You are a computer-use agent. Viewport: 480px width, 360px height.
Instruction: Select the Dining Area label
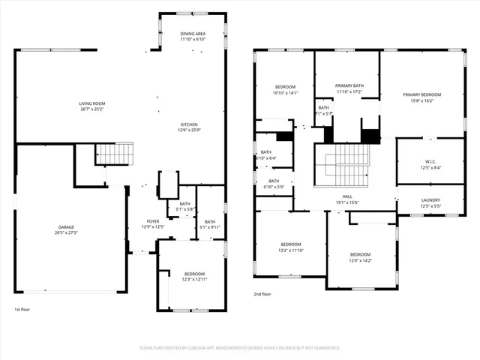(x=193, y=34)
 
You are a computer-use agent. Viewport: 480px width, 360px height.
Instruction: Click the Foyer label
(x=153, y=221)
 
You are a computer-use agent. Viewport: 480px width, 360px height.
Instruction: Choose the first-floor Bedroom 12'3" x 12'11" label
(x=194, y=274)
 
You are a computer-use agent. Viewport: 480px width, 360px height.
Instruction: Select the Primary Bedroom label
(x=421, y=94)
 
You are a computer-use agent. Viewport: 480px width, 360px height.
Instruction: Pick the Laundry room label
(x=430, y=200)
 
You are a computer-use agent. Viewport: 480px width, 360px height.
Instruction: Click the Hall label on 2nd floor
(x=348, y=196)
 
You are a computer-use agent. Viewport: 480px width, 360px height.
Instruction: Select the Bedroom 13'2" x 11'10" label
(x=291, y=245)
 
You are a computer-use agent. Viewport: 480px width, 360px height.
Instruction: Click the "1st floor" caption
(x=22, y=310)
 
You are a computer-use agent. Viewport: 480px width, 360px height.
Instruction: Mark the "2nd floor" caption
(x=262, y=295)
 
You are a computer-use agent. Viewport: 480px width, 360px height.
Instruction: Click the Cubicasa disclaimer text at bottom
(x=240, y=348)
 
